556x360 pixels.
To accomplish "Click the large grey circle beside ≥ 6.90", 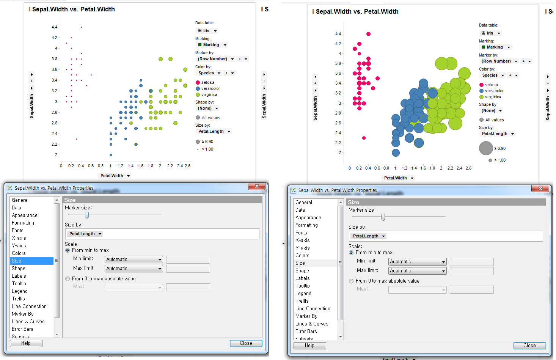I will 486,148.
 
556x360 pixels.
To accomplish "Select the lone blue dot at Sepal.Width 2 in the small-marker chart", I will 111,155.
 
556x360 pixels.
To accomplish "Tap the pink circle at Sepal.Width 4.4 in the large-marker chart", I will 368,34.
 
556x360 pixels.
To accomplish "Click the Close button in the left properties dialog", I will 246,343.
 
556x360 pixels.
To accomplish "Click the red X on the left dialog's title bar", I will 257,186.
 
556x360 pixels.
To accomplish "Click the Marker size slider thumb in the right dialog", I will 383,217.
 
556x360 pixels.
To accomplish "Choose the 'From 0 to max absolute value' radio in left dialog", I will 68,279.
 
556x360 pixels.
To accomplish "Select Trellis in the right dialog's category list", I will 302,301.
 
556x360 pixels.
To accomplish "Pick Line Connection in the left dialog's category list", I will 29,306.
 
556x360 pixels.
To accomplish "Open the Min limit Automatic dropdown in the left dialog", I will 134,259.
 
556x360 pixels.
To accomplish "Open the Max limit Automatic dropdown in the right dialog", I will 417,271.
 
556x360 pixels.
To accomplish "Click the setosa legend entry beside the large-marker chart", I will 491,85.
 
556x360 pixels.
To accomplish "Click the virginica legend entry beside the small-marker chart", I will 209,94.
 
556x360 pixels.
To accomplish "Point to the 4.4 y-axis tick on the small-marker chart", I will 55,27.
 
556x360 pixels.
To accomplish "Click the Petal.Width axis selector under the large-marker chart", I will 398,178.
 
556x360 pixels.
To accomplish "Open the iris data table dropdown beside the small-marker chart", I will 207,31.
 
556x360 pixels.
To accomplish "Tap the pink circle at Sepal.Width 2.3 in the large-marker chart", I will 364,138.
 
